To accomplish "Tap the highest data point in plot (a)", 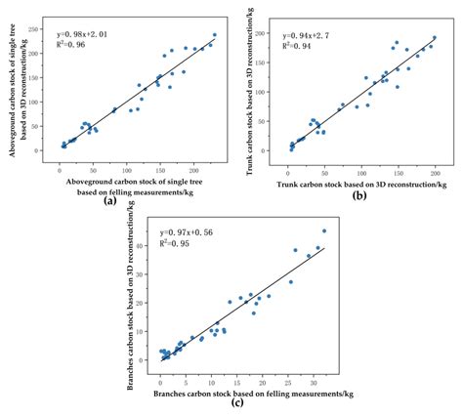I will [215, 35].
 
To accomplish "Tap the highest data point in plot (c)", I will [324, 231].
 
